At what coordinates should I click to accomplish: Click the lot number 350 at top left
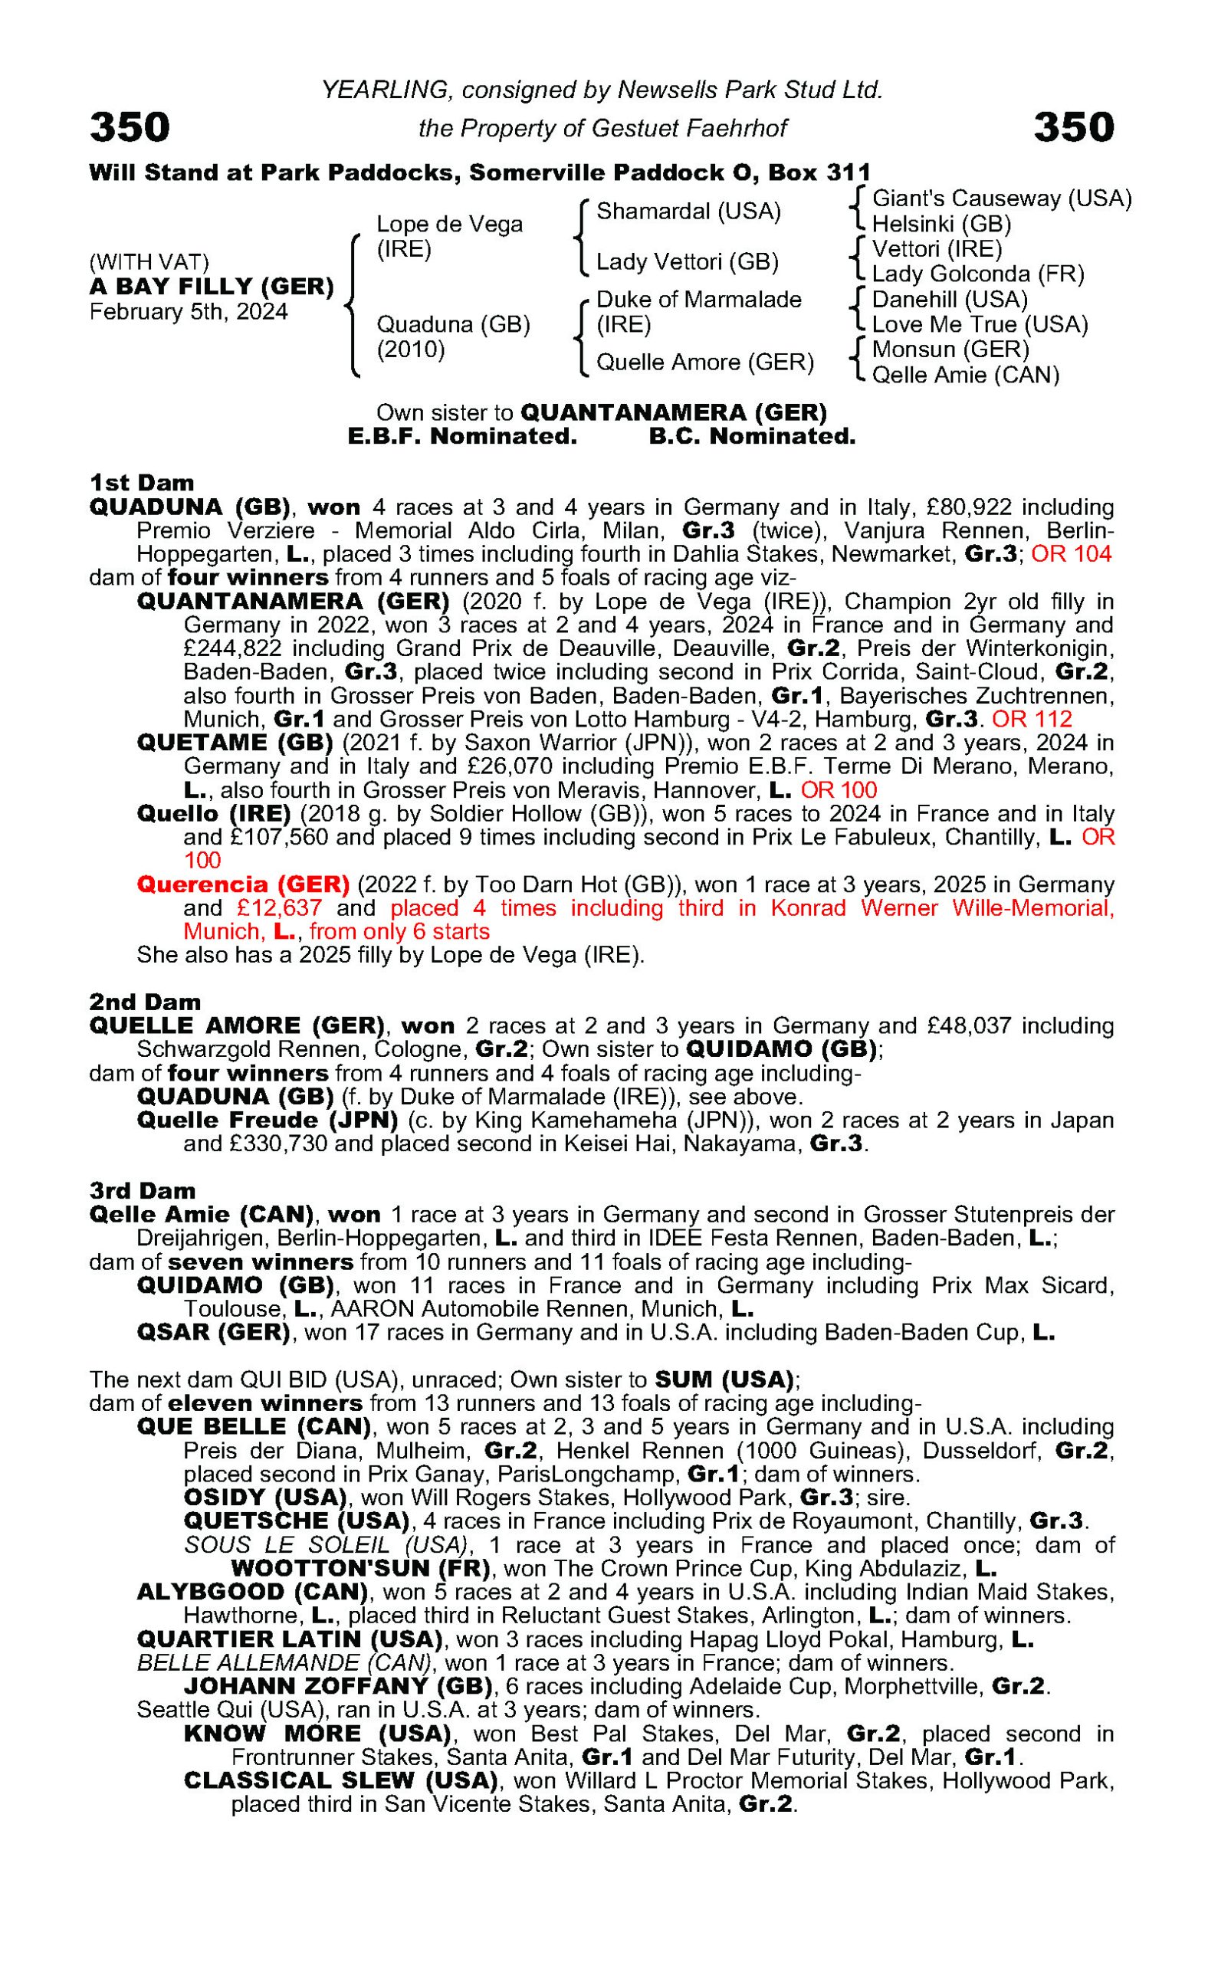[x=130, y=128]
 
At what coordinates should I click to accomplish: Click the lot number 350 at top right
[x=1073, y=128]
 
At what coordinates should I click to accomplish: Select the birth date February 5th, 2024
[x=188, y=313]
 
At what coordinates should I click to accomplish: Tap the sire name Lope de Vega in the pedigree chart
[x=448, y=225]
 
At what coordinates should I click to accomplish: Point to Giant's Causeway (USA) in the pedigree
[x=1001, y=198]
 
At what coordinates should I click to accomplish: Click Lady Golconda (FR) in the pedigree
[x=978, y=274]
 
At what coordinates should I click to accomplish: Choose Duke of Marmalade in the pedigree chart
[x=698, y=300]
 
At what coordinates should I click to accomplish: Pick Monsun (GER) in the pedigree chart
[x=950, y=350]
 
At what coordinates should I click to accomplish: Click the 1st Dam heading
[x=142, y=483]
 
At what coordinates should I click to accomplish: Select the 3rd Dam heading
[x=143, y=1191]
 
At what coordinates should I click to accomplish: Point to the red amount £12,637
[x=279, y=908]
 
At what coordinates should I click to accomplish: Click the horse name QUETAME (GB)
[x=235, y=743]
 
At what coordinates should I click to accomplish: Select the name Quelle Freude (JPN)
[x=267, y=1121]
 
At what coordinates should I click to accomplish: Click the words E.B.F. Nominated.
[x=461, y=437]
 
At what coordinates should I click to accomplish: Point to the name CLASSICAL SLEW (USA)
[x=341, y=1780]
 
